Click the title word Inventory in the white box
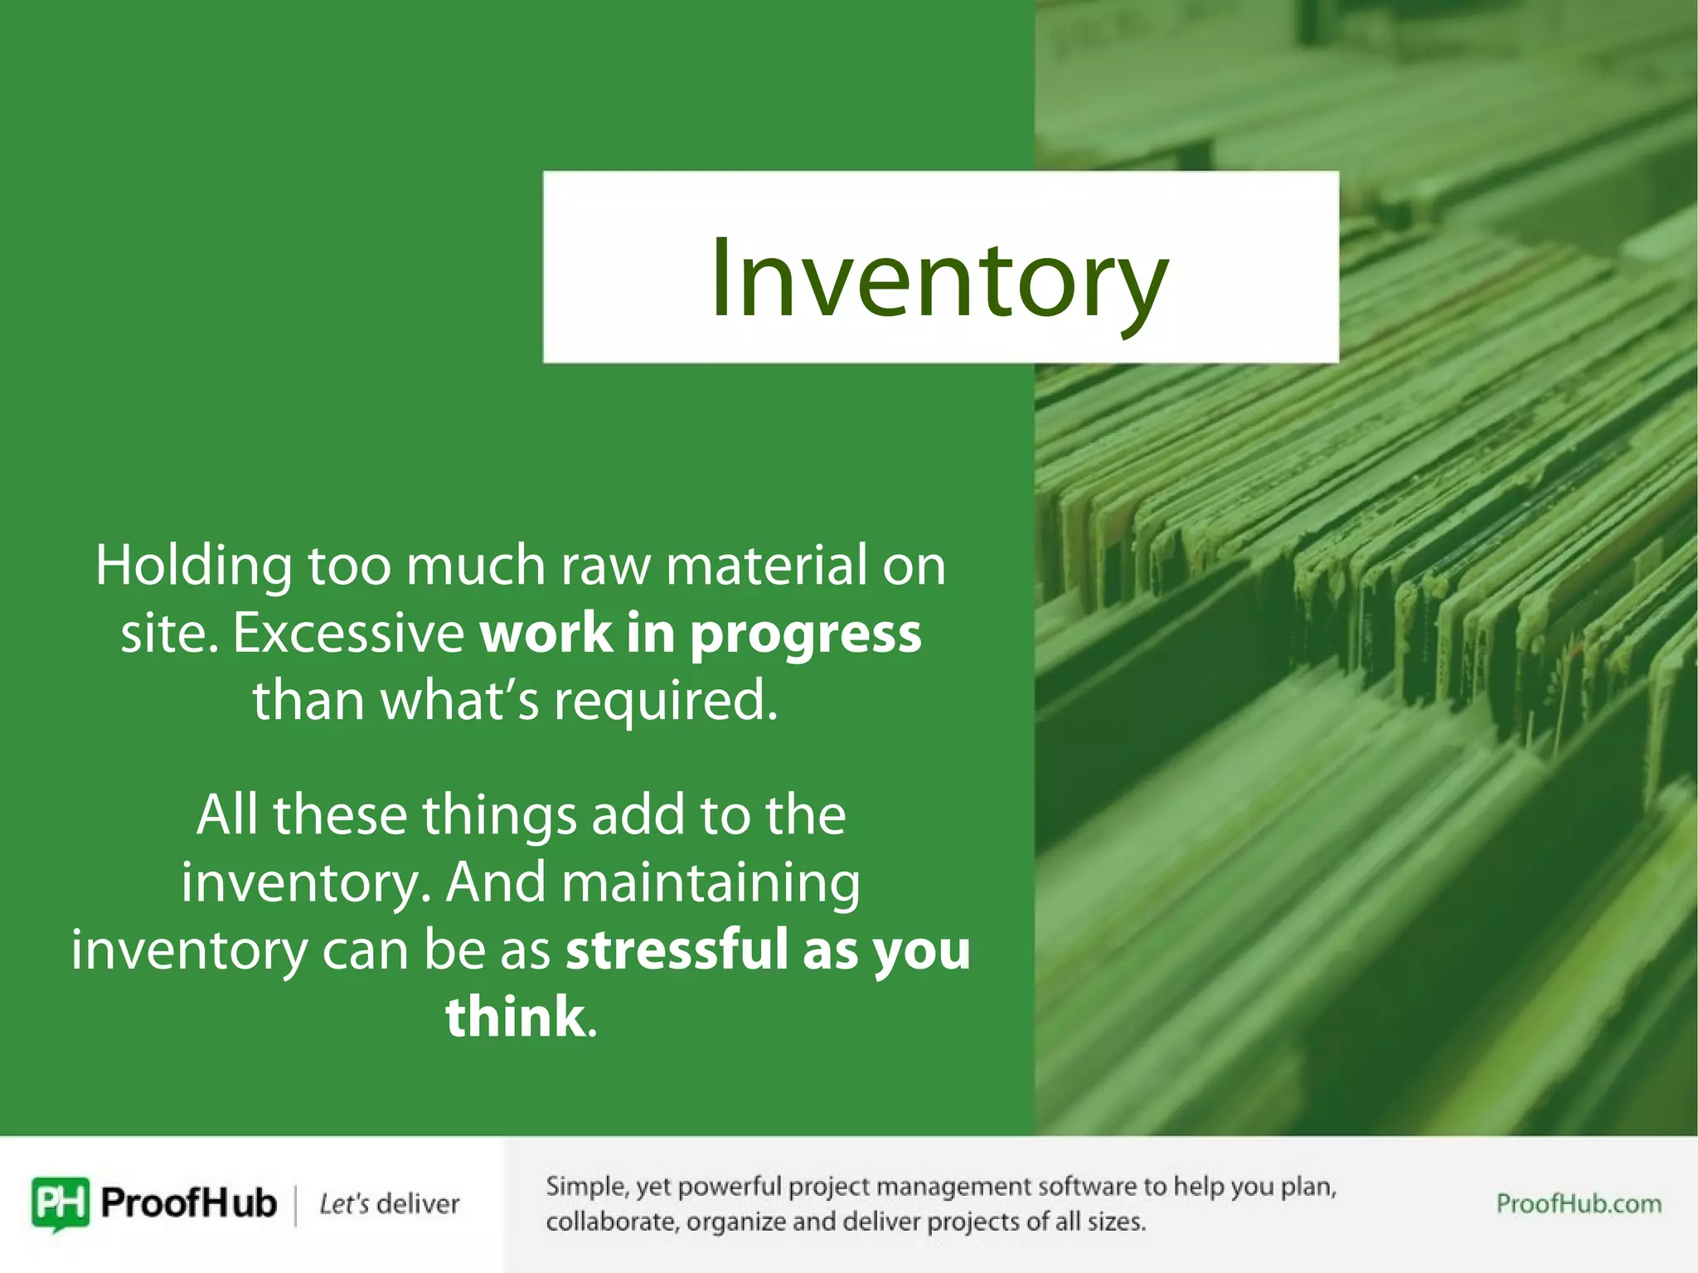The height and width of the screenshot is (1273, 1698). tap(939, 278)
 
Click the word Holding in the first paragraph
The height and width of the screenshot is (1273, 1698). tap(193, 566)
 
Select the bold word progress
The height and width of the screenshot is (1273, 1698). tap(805, 635)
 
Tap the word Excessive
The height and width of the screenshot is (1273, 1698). tap(349, 634)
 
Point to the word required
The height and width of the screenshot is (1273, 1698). tap(666, 702)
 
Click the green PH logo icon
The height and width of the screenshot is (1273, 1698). tap(60, 1203)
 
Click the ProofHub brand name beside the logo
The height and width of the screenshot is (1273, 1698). tap(188, 1203)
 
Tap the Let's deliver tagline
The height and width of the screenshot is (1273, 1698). tap(389, 1204)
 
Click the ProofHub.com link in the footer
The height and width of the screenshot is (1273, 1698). tap(1578, 1203)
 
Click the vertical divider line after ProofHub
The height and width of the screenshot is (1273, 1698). tap(296, 1204)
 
